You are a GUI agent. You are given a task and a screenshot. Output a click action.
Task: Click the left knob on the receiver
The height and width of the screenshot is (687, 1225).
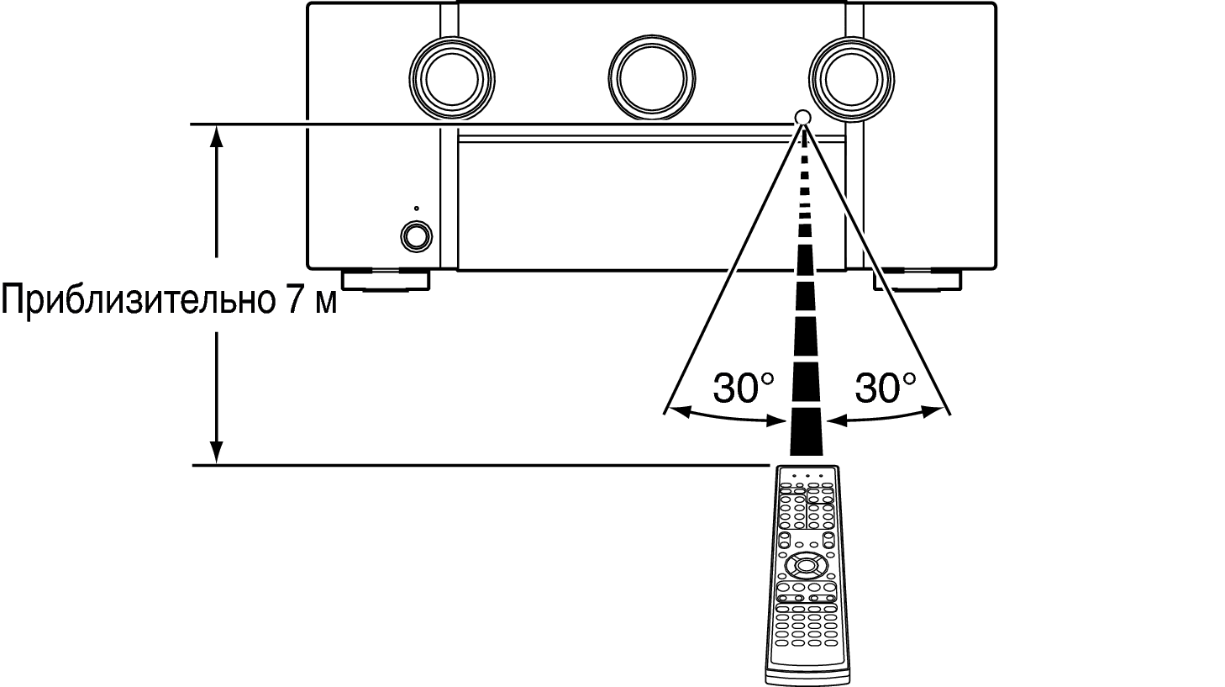pos(452,79)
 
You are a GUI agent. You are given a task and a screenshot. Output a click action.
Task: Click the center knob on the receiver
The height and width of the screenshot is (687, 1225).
pos(651,79)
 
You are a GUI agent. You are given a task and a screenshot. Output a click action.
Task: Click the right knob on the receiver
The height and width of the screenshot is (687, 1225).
pos(851,79)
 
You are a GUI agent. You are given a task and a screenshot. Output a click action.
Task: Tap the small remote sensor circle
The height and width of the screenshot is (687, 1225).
pos(802,117)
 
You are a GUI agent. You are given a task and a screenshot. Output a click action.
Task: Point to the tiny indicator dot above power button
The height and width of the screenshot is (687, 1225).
pos(416,209)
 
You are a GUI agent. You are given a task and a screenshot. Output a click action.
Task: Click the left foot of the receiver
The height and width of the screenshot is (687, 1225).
pos(386,279)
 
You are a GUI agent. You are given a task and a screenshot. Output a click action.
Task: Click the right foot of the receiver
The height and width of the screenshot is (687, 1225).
pos(917,279)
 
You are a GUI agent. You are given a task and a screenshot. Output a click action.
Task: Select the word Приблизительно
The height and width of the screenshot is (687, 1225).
pos(138,299)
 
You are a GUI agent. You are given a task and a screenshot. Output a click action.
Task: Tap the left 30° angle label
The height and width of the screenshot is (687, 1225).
pos(744,388)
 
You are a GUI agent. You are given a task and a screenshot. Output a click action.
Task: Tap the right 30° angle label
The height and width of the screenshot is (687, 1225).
pos(885,388)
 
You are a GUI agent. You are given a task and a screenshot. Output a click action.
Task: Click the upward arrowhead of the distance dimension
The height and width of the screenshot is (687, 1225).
pos(217,136)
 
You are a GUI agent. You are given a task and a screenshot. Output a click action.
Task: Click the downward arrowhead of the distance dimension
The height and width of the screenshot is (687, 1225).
pos(217,452)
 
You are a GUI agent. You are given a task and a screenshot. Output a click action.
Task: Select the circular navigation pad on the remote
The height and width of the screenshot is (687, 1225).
pos(803,564)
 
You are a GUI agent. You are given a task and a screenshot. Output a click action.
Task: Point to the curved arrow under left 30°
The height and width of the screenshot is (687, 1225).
pos(728,418)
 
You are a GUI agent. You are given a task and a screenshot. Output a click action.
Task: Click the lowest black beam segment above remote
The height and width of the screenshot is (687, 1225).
pos(806,432)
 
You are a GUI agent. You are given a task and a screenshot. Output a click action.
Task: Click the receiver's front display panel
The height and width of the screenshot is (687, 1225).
pos(651,206)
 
